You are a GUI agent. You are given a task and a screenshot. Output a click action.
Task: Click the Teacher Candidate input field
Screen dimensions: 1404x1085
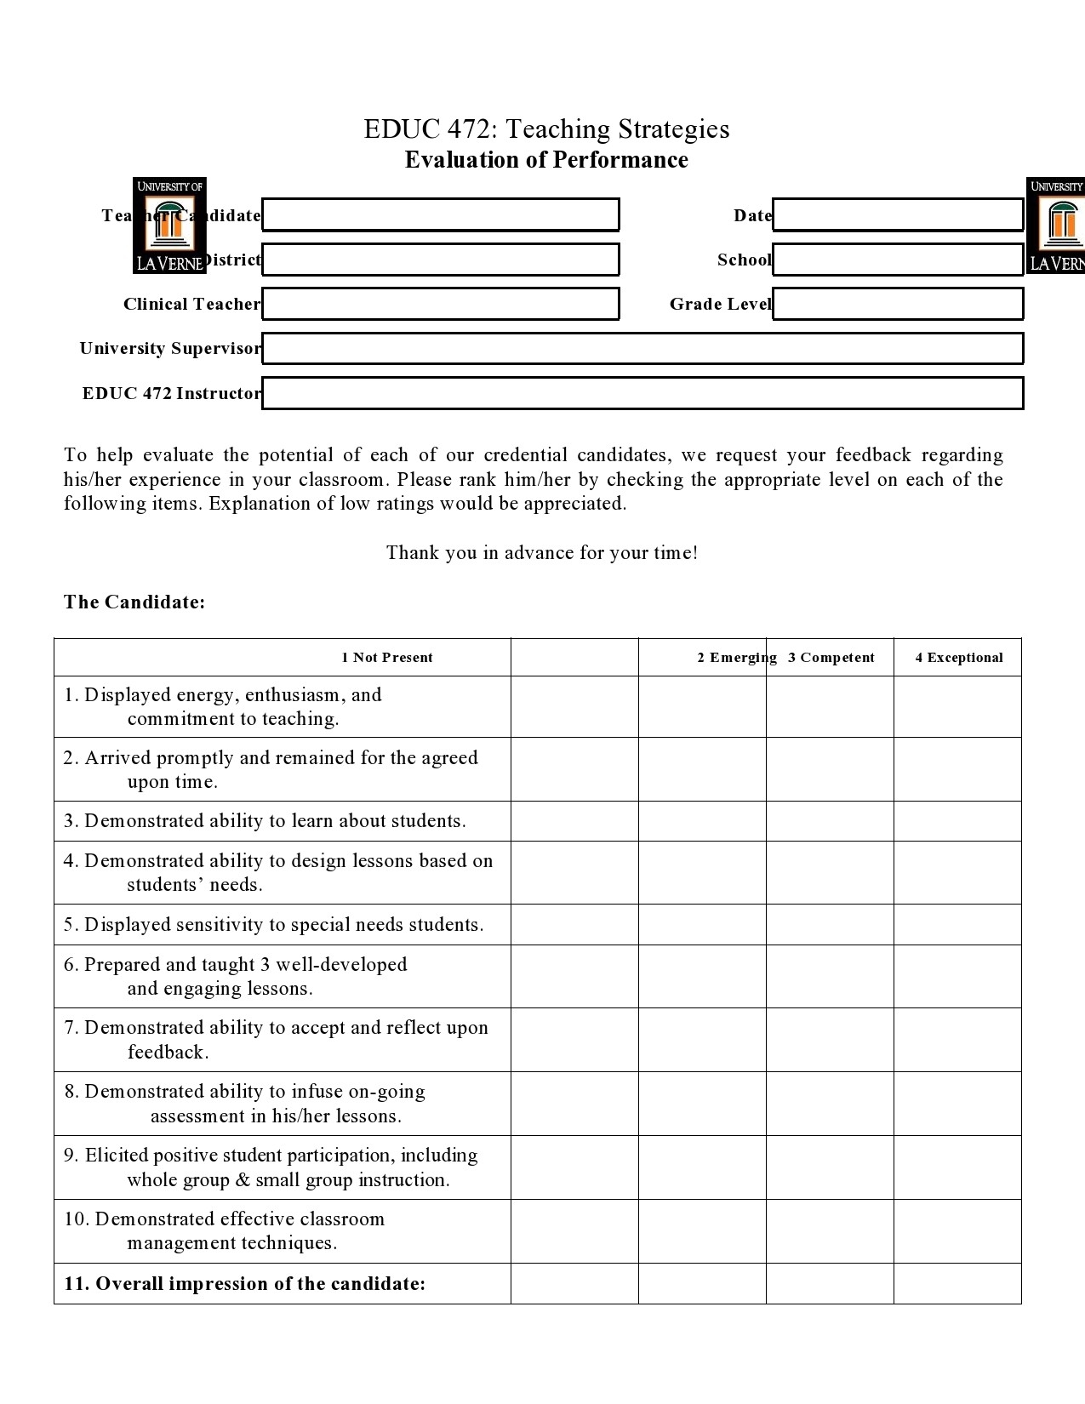(440, 214)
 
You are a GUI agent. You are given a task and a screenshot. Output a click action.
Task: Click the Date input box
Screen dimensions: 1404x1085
(897, 214)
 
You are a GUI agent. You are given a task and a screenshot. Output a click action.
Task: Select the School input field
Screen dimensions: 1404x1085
(897, 260)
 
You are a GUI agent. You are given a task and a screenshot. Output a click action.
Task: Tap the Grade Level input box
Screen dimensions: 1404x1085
(897, 304)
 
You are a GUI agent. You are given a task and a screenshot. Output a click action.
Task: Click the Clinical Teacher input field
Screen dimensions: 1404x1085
(440, 304)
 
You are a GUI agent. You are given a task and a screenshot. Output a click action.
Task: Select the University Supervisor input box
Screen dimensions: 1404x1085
(642, 348)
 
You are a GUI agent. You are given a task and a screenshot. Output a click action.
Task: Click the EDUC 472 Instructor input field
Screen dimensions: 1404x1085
(642, 393)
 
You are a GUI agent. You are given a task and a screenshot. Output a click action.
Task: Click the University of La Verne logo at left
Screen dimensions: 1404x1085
(169, 225)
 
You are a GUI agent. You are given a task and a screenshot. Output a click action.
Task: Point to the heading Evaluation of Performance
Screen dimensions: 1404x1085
(546, 160)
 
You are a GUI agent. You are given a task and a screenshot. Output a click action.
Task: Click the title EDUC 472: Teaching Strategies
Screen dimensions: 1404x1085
(546, 129)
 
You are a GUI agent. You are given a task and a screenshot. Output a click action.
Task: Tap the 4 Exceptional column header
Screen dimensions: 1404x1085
(959, 658)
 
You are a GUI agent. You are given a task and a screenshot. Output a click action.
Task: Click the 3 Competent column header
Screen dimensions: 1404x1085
(831, 658)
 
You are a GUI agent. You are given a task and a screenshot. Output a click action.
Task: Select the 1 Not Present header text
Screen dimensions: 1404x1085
(387, 658)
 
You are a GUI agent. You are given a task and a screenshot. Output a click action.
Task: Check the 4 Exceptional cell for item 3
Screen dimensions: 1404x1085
(957, 821)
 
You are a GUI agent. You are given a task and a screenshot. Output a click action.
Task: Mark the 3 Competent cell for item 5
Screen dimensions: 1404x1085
(830, 925)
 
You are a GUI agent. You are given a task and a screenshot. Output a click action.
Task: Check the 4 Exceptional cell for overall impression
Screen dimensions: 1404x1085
(957, 1284)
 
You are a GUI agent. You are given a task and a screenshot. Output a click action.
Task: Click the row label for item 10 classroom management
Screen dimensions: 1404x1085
(225, 1230)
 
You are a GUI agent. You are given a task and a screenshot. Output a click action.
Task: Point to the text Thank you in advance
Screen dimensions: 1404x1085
(542, 553)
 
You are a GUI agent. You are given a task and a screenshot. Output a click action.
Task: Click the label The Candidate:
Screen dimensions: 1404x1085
(134, 602)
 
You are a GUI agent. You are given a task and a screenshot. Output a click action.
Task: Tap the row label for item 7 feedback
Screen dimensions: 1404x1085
(276, 1039)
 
